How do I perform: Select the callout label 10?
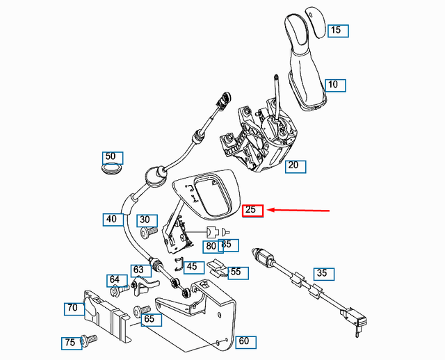click(x=334, y=85)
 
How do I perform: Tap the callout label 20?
click(x=293, y=165)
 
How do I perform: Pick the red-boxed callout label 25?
click(x=252, y=210)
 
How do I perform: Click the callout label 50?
click(x=111, y=157)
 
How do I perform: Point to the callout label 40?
click(x=111, y=218)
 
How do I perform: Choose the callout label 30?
click(x=145, y=220)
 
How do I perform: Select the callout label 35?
click(x=321, y=272)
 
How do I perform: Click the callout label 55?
click(x=236, y=272)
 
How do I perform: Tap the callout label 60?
click(x=243, y=341)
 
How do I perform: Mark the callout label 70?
click(x=72, y=306)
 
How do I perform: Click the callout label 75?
click(x=70, y=342)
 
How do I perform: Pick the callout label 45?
click(x=192, y=265)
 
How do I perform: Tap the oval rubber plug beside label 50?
click(x=110, y=169)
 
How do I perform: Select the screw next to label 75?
click(x=89, y=339)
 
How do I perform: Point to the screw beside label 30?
click(x=145, y=234)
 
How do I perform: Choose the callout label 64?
click(x=114, y=279)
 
